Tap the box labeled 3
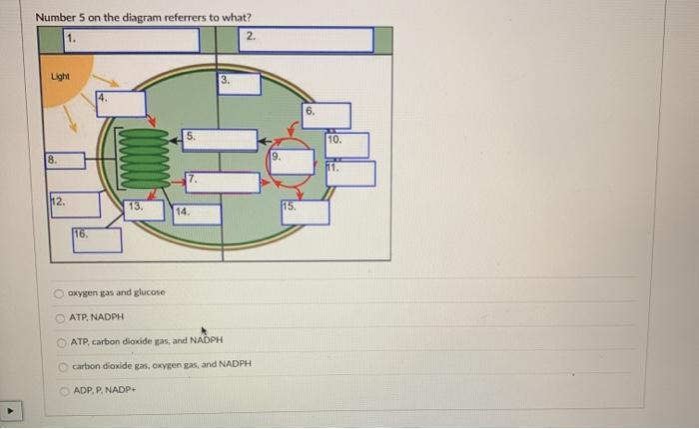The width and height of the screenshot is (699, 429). coord(240,83)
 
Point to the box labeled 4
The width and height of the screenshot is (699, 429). coord(121,103)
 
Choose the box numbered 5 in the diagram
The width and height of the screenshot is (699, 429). coord(220,139)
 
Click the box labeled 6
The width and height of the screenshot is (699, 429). coord(328,115)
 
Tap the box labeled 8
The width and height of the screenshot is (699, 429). coord(64,160)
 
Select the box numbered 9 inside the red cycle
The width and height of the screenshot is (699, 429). coord(291,161)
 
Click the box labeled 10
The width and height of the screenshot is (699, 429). coord(348,145)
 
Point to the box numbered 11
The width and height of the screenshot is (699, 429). coord(351,173)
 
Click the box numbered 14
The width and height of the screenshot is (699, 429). coord(196,214)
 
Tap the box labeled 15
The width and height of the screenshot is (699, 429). coord(305,212)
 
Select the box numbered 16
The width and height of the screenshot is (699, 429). coord(97,240)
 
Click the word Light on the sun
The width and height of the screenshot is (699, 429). coord(61,77)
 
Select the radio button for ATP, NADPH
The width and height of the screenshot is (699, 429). coord(61,316)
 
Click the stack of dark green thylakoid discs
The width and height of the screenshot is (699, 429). coord(148,158)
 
